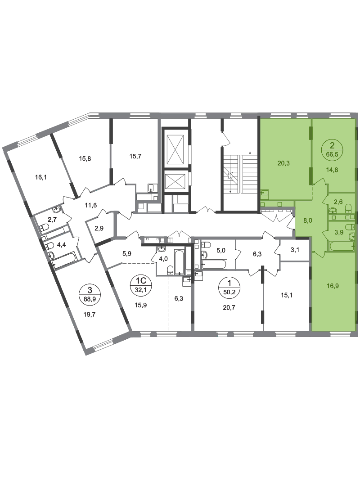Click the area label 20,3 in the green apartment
pos(283,163)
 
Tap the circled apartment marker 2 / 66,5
pos(332,149)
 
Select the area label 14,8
pos(332,169)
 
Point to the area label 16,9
pos(333,286)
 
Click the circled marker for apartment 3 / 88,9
pos(90,294)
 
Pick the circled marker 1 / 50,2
pos(229,287)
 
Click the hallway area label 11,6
pos(91,205)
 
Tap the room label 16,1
pos(41,178)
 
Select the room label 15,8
pos(85,159)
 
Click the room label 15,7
pos(135,157)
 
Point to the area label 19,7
pos(89,315)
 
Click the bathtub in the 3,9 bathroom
pos(341,246)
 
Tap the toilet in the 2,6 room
pos(349,207)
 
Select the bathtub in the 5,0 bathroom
pos(214,264)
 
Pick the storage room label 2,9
pos(99,229)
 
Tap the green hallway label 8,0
pos(308,221)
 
